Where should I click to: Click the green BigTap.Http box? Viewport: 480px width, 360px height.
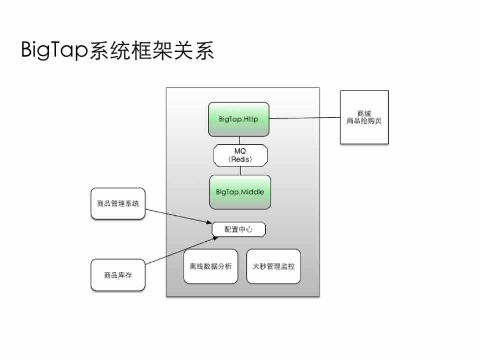pos(239,119)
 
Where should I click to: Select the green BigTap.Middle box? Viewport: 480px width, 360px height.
pos(240,192)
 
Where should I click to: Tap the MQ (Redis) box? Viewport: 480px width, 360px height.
pos(240,155)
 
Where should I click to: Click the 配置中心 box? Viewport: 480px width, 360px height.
pos(239,229)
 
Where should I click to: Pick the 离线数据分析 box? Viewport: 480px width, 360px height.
pos(211,266)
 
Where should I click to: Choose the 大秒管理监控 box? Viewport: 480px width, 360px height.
pos(274,266)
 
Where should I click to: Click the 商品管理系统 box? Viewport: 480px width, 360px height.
pos(118,203)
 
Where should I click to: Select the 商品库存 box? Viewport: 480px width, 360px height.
pos(118,275)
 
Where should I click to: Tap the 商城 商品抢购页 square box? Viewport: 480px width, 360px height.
pos(364,117)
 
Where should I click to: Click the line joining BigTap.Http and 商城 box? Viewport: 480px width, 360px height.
pos(305,118)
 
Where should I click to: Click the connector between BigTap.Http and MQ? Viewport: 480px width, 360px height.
pos(240,140)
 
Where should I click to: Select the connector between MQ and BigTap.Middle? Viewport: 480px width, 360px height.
pos(240,170)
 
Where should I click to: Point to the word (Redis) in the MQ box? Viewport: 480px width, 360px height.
pos(240,159)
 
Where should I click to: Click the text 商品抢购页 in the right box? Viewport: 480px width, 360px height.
pos(364,121)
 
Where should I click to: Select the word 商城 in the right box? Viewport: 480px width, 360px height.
pos(364,113)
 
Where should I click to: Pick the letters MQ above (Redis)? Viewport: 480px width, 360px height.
pos(240,151)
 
